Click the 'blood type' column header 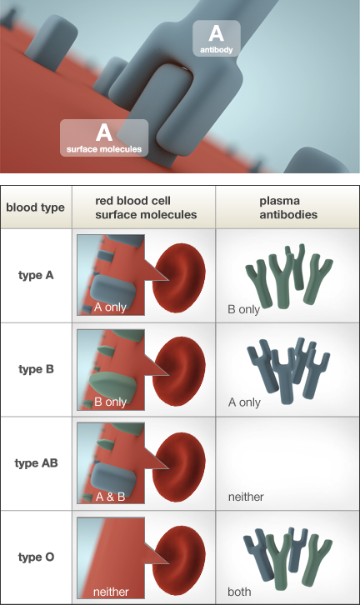(35, 207)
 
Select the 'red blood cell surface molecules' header (146, 207)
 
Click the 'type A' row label (36, 274)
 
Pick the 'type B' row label (36, 368)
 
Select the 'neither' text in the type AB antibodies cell (246, 497)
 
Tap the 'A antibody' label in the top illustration (216, 38)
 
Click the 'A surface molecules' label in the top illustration (104, 138)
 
